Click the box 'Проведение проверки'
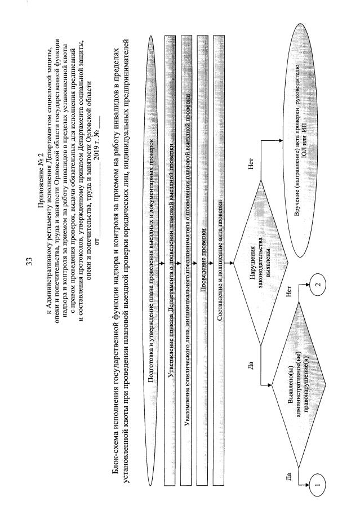click(205, 255)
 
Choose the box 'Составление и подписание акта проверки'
click(221, 255)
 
